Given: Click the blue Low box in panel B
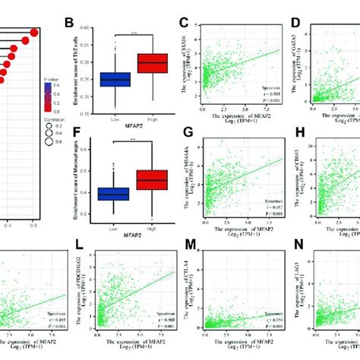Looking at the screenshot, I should pos(115,79).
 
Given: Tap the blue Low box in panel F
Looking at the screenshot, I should pos(115,195).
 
